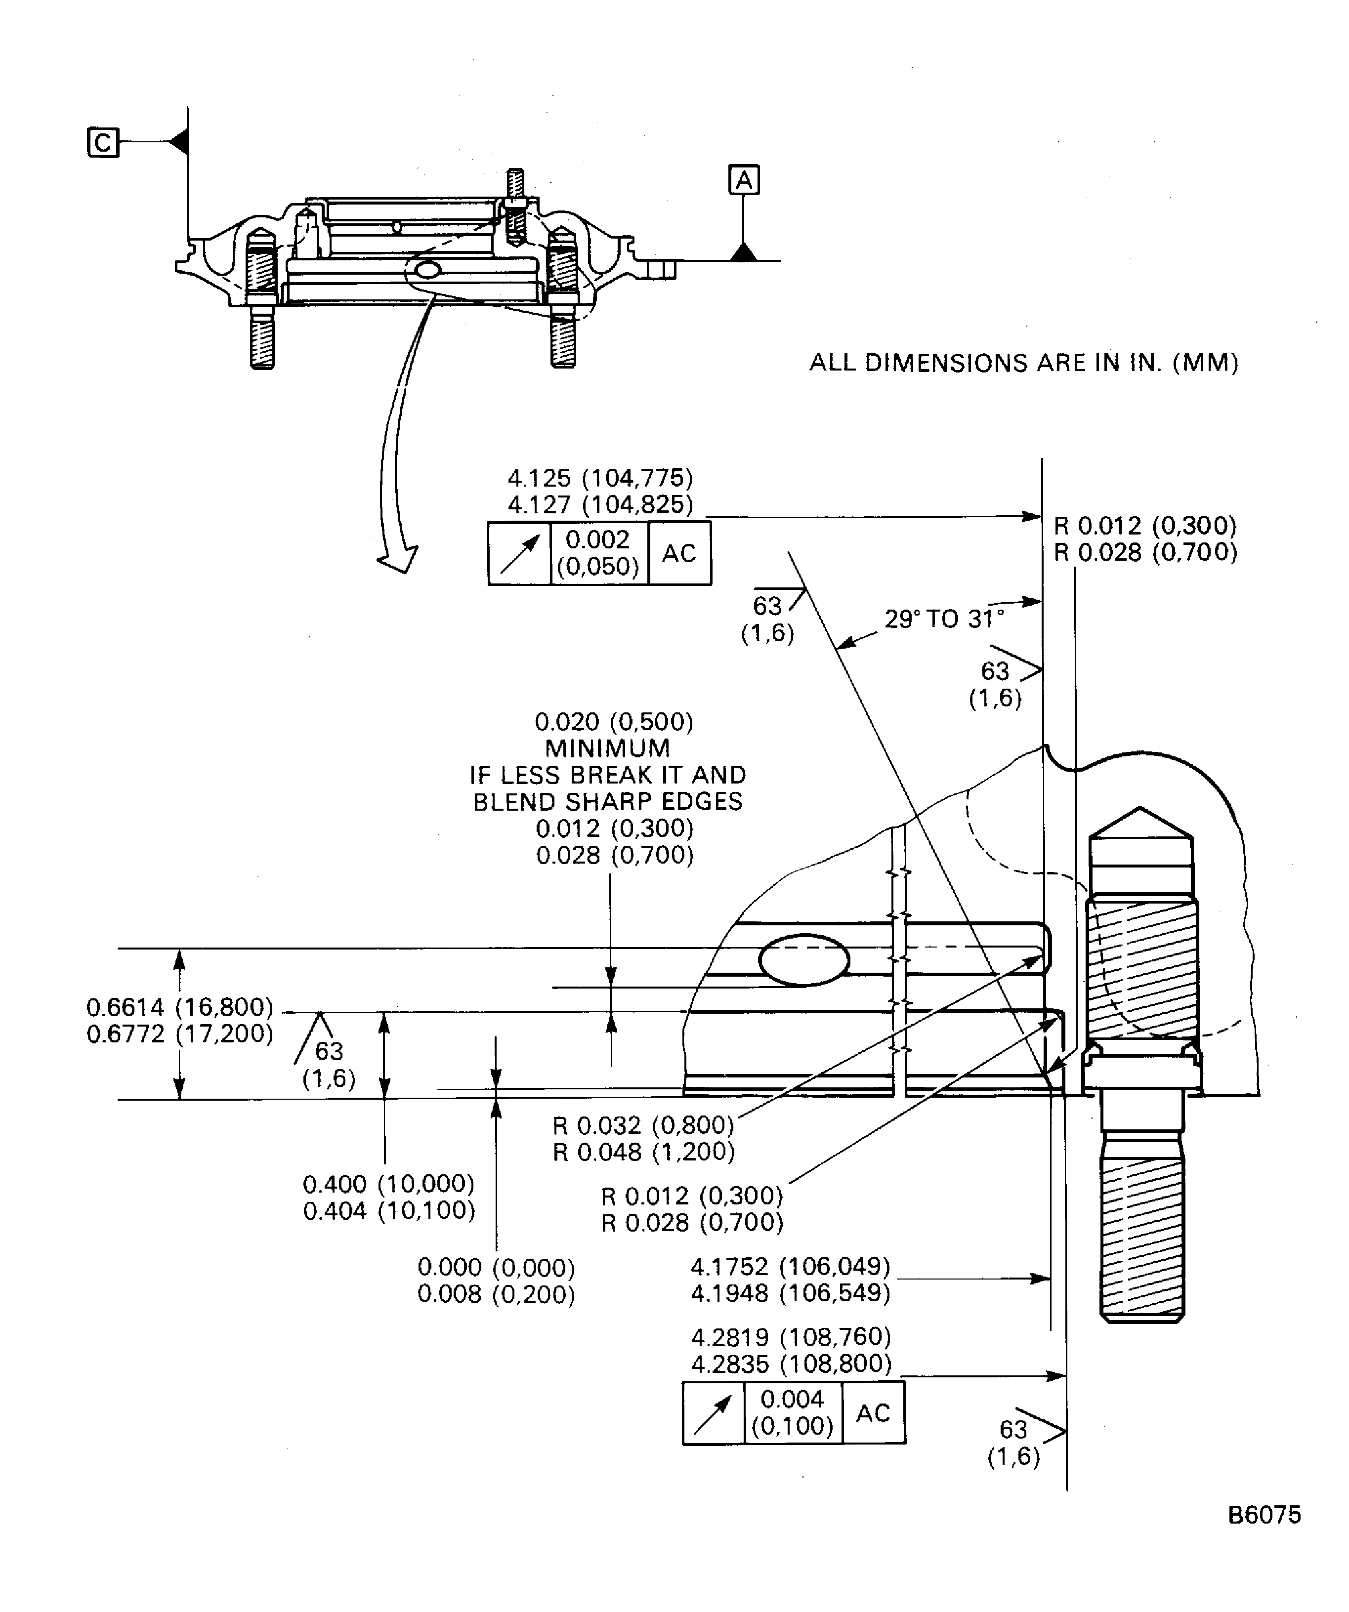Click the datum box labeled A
(743, 180)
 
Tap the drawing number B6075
(1264, 1515)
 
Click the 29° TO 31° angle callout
(944, 619)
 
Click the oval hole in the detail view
(804, 959)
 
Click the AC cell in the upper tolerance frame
(679, 553)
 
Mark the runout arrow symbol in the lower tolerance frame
(713, 1413)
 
